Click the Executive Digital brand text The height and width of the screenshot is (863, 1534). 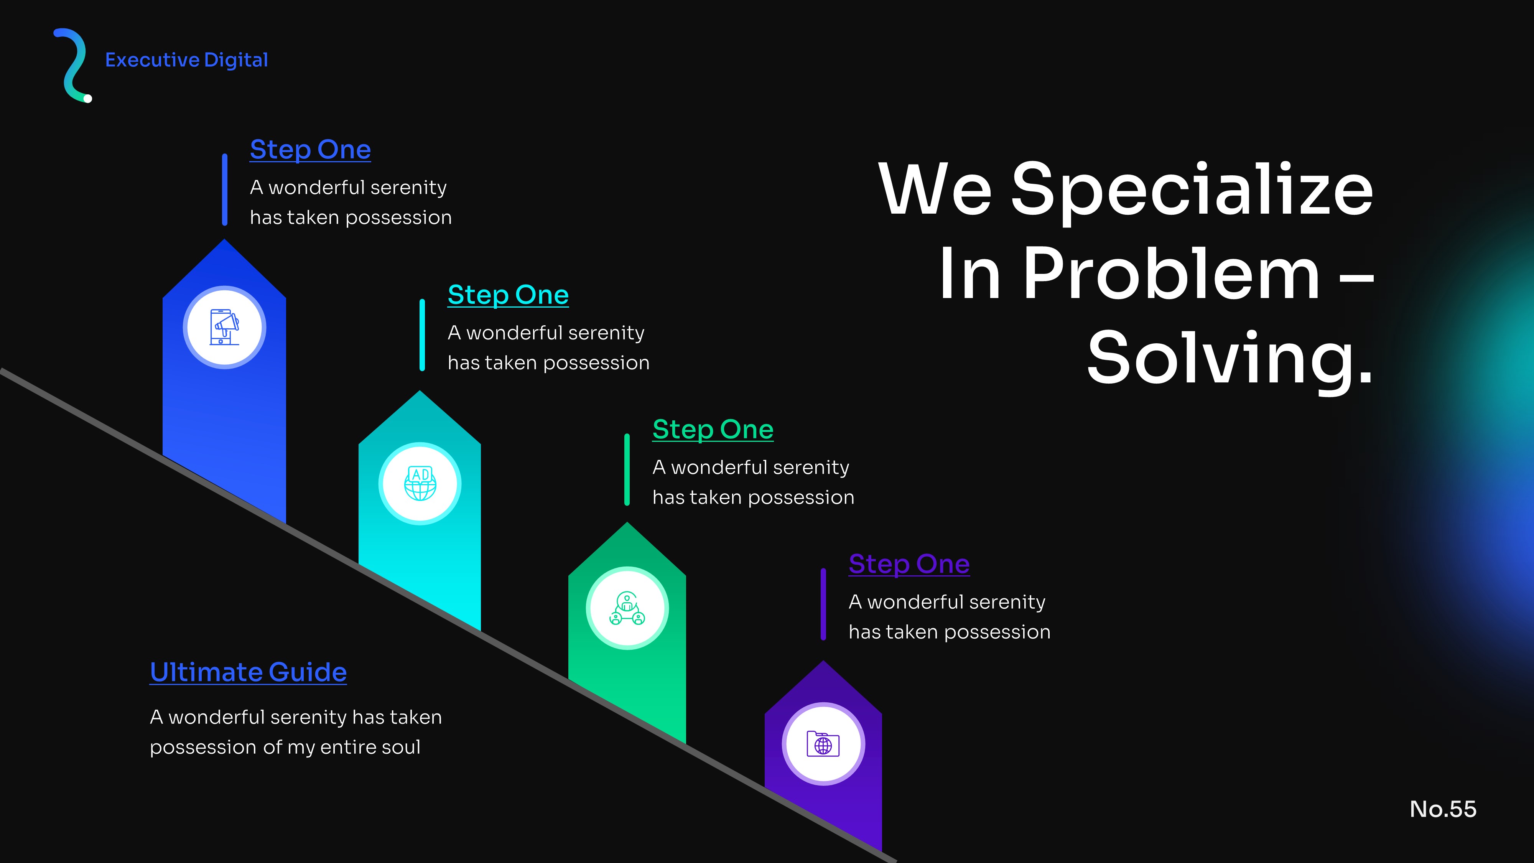[186, 60]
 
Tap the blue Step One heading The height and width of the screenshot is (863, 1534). [310, 150]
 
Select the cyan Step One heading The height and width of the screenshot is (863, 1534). [508, 295]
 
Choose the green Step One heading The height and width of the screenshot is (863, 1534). [713, 430]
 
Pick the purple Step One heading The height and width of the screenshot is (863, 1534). [909, 564]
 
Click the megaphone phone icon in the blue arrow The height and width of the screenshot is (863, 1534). [224, 327]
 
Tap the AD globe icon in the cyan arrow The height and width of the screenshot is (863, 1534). [420, 483]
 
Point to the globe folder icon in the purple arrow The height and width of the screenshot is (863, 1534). [823, 744]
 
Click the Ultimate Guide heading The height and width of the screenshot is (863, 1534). [249, 672]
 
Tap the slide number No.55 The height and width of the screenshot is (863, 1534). [1443, 809]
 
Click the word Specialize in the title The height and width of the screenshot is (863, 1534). [1192, 191]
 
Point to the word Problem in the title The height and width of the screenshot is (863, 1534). [1171, 275]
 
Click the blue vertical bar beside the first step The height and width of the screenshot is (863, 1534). [224, 190]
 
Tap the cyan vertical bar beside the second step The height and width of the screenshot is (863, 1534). [422, 335]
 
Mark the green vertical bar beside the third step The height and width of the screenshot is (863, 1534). [627, 470]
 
